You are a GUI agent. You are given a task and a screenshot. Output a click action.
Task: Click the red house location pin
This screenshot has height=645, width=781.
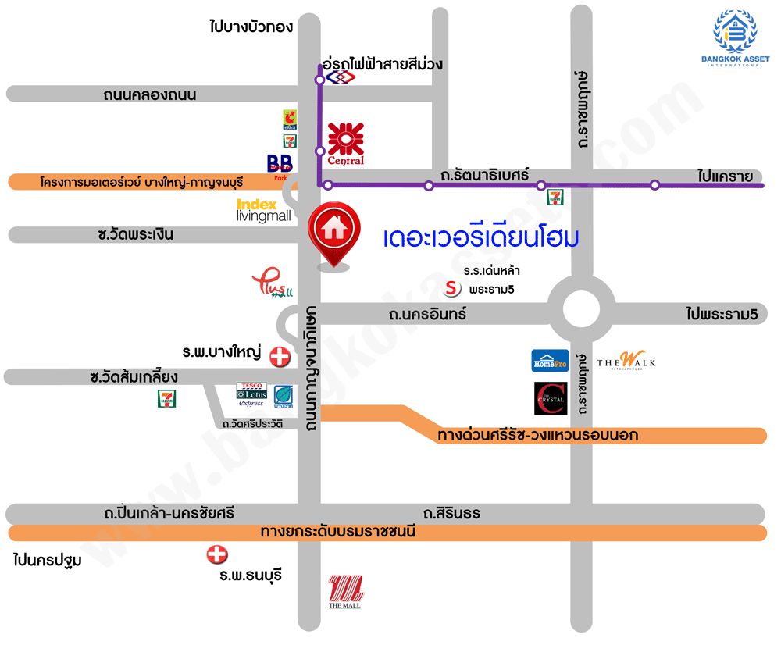pyautogui.click(x=335, y=233)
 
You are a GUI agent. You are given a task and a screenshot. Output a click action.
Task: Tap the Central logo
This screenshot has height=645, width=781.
pyautogui.click(x=346, y=144)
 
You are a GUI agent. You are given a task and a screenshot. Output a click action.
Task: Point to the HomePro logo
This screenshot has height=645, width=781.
pyautogui.click(x=550, y=361)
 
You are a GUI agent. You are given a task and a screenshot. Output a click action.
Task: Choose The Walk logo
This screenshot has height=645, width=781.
pyautogui.click(x=626, y=361)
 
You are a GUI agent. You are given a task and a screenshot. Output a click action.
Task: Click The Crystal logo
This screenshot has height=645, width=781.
pyautogui.click(x=551, y=398)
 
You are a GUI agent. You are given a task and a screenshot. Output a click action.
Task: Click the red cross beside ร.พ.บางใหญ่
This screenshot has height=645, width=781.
pyautogui.click(x=279, y=358)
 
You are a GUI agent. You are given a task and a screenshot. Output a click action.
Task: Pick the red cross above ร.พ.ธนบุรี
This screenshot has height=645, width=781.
pyautogui.click(x=216, y=555)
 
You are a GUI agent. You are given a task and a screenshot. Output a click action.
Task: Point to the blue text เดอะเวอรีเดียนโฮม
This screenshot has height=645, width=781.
pyautogui.click(x=481, y=237)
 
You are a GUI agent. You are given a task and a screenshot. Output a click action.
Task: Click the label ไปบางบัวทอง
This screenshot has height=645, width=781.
pyautogui.click(x=251, y=27)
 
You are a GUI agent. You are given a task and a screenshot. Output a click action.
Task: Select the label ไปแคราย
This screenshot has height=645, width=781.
pyautogui.click(x=726, y=176)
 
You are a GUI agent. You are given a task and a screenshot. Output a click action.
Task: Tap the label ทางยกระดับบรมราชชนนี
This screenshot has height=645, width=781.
pyautogui.click(x=337, y=533)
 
